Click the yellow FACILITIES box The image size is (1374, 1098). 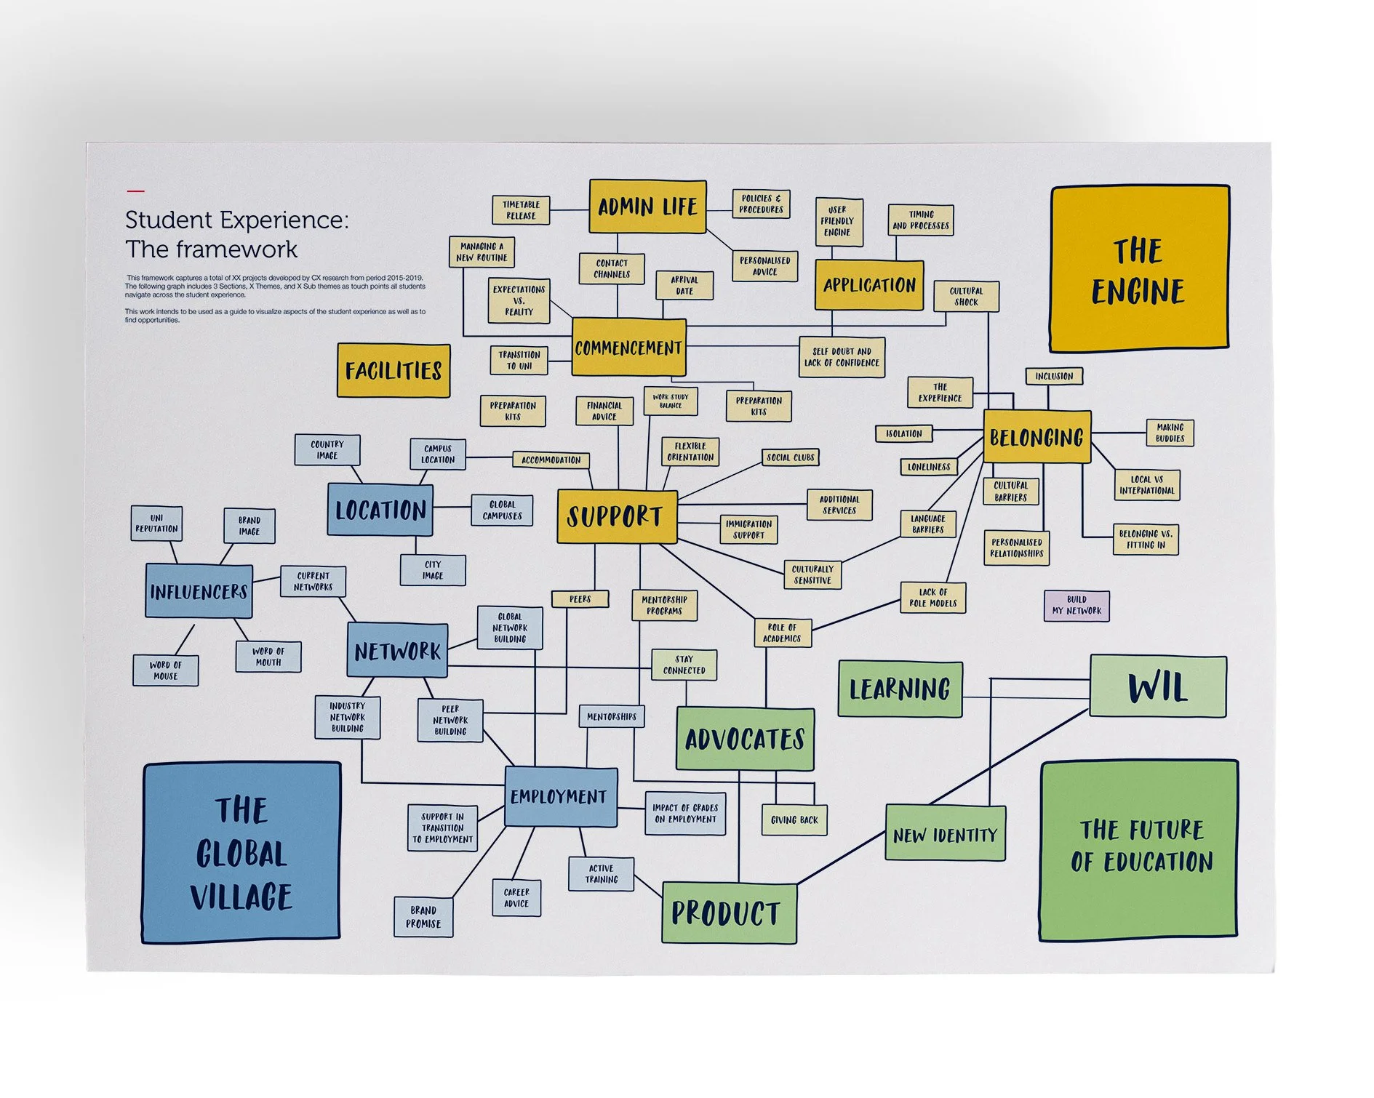point(394,371)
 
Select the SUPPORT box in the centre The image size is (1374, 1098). point(616,517)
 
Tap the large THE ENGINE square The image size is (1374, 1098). point(1139,268)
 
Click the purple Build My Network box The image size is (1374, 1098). point(1077,606)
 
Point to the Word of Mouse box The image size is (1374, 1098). point(165,670)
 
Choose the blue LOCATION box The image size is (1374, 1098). point(380,510)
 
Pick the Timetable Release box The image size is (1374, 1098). point(521,210)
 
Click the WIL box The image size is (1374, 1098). point(1157,686)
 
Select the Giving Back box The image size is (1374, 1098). point(794,820)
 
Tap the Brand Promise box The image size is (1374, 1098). point(423,916)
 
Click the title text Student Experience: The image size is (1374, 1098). point(236,220)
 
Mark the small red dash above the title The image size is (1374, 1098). point(136,191)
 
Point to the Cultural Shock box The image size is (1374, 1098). point(966,297)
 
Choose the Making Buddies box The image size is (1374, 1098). point(1170,433)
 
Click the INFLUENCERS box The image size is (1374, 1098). point(199,592)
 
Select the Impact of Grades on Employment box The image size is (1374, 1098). point(685,814)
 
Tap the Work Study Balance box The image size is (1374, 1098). point(671,401)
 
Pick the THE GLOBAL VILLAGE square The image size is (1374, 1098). point(241,853)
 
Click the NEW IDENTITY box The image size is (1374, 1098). point(945,834)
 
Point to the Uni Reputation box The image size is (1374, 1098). point(156,524)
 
